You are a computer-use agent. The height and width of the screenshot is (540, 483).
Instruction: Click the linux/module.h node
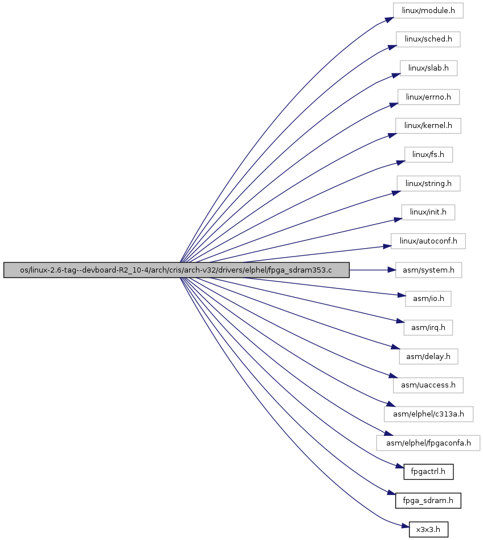coord(428,11)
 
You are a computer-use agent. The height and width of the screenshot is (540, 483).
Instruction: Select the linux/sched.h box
coord(428,39)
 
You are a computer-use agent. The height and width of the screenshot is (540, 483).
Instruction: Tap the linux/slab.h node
coord(428,68)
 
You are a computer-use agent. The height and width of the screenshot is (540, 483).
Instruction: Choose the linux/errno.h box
coord(428,97)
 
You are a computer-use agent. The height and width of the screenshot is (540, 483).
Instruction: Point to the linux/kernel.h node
coord(428,126)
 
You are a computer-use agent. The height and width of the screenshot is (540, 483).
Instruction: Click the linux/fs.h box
coord(428,155)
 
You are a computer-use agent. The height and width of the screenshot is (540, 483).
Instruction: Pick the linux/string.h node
coord(428,184)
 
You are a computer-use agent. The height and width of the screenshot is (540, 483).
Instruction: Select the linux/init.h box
coord(428,212)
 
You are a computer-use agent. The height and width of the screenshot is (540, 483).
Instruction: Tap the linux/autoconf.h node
coord(428,241)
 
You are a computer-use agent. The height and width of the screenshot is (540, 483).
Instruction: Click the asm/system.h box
coord(428,270)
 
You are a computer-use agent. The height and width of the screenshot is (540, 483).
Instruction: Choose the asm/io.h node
coord(428,299)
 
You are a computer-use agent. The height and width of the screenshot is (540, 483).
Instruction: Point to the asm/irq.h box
coord(428,328)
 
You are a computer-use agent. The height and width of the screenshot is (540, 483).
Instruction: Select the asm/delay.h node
coord(428,356)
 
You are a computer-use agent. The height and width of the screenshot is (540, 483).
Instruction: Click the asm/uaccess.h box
coord(428,385)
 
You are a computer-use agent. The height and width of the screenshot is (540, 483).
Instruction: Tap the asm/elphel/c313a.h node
coord(428,414)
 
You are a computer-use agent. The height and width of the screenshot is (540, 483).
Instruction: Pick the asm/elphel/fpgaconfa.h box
coord(428,443)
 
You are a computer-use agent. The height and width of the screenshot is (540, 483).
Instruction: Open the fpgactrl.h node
coord(428,472)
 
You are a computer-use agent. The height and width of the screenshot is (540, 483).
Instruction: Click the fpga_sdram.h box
coord(428,500)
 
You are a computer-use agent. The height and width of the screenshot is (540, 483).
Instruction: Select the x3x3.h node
coord(428,529)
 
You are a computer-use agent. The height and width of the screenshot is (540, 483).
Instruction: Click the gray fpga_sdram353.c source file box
coord(176,270)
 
